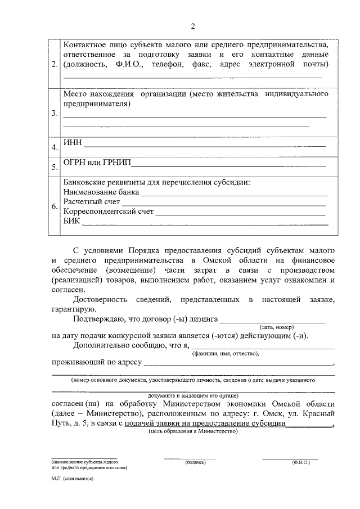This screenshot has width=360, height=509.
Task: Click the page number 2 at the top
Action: pyautogui.click(x=193, y=26)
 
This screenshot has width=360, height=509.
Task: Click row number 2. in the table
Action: pyautogui.click(x=54, y=65)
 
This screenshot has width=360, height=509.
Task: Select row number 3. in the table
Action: pyautogui.click(x=54, y=113)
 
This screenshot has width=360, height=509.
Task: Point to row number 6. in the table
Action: pyautogui.click(x=54, y=207)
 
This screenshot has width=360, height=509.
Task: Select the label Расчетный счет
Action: pyautogui.click(x=91, y=202)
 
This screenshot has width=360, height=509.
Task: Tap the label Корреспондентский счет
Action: pyautogui.click(x=108, y=212)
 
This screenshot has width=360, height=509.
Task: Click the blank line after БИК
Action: pyautogui.click(x=205, y=224)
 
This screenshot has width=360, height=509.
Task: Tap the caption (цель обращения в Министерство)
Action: pyautogui.click(x=193, y=431)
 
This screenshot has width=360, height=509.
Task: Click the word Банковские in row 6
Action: pyautogui.click(x=84, y=182)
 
